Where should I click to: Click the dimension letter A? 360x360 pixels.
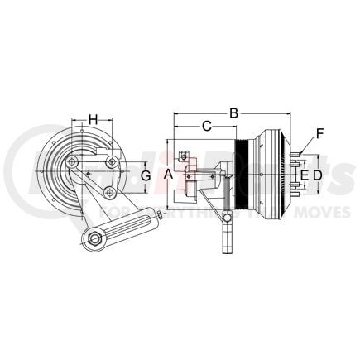click(169, 174)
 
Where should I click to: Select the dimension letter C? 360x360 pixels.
click(207, 127)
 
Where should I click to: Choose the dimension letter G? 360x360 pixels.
click(146, 175)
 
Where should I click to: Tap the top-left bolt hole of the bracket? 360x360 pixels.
click(74, 161)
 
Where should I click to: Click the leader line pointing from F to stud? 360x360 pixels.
click(311, 142)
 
